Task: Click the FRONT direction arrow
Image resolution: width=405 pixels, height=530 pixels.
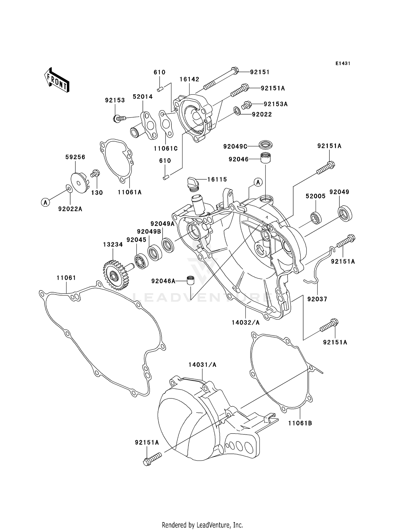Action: [x=57, y=80]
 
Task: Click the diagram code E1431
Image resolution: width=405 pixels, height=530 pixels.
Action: [x=343, y=63]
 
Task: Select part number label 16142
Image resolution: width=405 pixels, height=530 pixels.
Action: [x=190, y=79]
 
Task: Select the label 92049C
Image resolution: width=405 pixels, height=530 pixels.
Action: [x=235, y=146]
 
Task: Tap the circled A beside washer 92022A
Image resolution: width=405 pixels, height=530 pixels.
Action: [x=46, y=202]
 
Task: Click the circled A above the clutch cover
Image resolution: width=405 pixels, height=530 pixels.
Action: [x=258, y=182]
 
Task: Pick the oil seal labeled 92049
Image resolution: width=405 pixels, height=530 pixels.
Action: [x=345, y=213]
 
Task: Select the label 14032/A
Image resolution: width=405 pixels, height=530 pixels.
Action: [x=246, y=322]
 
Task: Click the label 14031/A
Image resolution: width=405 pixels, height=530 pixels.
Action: [x=202, y=365]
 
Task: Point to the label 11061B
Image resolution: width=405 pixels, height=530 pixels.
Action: [x=300, y=423]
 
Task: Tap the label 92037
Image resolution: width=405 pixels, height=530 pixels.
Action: [x=317, y=299]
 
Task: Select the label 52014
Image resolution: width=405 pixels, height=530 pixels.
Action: [x=143, y=97]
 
